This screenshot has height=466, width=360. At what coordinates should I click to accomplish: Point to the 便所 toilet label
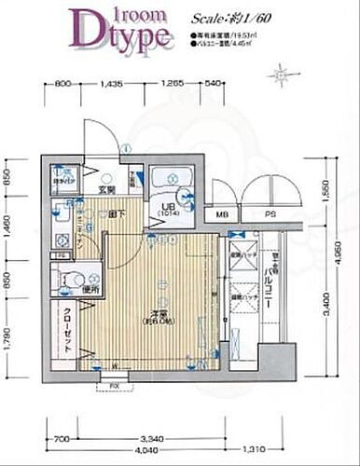90,290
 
